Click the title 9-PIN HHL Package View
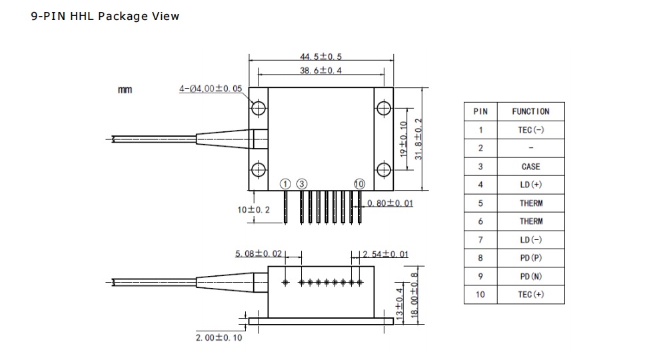105,16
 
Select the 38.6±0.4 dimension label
320,70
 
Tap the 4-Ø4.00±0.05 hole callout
210,89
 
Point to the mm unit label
125,89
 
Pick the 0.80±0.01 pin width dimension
390,203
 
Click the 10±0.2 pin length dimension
254,209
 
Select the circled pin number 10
360,184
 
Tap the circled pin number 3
302,184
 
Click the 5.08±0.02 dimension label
259,253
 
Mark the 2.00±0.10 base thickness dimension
219,337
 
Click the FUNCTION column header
530,111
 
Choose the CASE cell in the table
530,167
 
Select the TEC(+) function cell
530,295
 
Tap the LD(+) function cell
530,185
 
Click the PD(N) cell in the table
530,276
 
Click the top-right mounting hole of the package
383,109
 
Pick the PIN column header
480,111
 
